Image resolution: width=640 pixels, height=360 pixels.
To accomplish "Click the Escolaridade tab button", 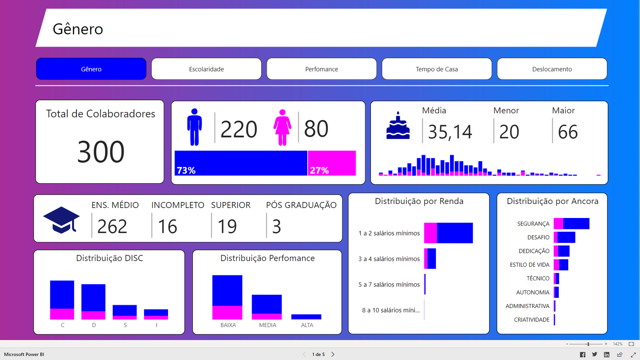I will tap(206, 69).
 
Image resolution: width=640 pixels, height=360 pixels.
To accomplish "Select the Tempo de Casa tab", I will tap(437, 69).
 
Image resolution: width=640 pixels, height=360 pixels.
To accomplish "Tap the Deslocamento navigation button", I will tap(552, 69).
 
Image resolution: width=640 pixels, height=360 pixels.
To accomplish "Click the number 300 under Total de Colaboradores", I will tap(101, 152).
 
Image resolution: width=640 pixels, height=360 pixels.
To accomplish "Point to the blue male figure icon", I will tap(194, 127).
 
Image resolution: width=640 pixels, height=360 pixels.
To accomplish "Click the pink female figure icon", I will tap(282, 128).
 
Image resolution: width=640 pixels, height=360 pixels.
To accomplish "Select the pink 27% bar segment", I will tap(332, 163).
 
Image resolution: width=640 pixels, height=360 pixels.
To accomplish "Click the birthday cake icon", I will tap(398, 126).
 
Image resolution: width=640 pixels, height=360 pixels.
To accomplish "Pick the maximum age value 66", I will tap(568, 132).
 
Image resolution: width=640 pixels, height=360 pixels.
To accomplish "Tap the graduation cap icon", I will tap(61, 220).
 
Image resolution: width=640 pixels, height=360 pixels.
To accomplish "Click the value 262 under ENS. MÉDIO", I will tap(112, 226).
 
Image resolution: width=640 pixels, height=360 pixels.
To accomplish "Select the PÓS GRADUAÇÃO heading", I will tap(301, 205).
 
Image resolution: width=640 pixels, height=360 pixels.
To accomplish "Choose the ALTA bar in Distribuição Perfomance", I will tap(306, 317).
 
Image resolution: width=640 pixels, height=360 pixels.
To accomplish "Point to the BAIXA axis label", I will tap(228, 325).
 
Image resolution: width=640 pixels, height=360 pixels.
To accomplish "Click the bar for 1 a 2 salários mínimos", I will tap(448, 233).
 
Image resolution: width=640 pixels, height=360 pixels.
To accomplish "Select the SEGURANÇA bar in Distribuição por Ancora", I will tap(572, 224).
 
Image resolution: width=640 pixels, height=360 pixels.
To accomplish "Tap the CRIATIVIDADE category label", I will tap(532, 320).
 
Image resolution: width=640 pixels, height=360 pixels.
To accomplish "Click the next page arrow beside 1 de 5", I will tap(333, 354).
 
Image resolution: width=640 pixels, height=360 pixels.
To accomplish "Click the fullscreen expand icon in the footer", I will tap(633, 355).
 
